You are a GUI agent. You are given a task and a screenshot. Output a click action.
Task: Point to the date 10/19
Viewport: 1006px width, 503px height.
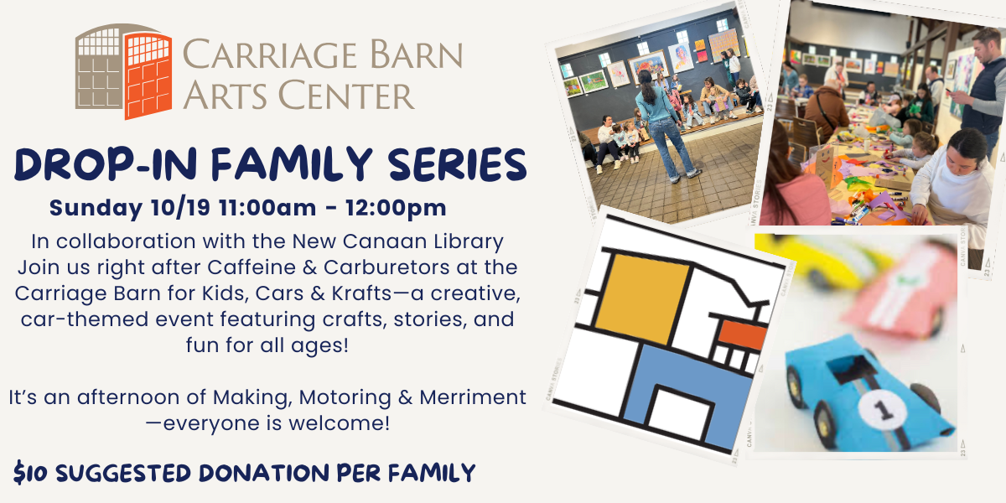point(180,208)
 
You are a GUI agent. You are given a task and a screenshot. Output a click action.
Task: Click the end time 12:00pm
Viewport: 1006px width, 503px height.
point(396,208)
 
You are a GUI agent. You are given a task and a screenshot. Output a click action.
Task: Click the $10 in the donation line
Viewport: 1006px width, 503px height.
point(30,473)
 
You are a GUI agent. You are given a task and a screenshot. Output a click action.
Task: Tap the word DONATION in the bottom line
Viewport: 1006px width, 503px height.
point(264,473)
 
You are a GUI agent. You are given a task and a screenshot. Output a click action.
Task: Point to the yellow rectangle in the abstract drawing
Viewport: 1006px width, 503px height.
point(643,298)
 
